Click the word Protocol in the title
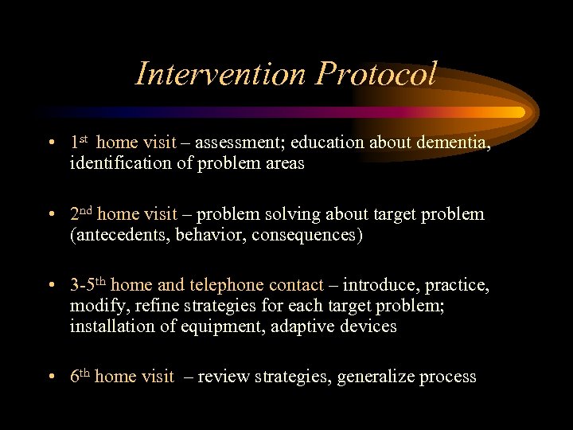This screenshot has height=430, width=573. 376,73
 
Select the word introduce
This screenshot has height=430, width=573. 378,285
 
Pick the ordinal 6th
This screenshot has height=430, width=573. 79,377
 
